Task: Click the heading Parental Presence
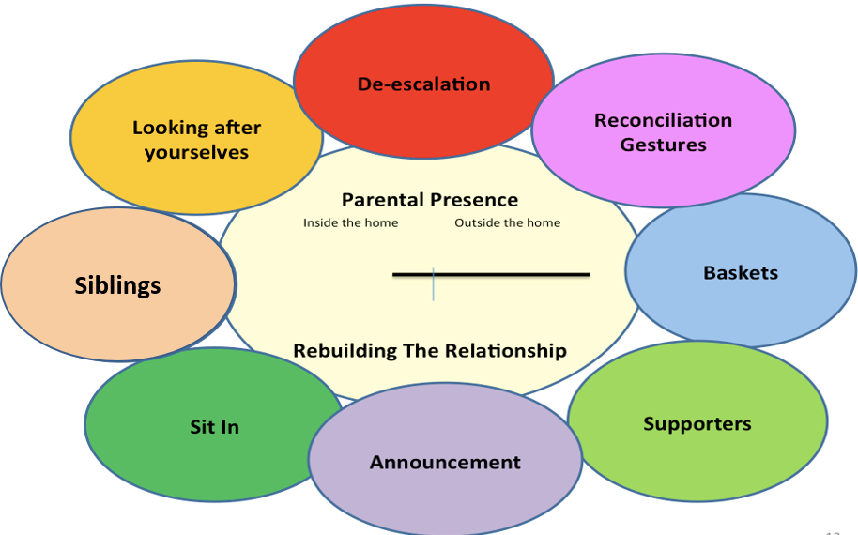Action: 430,199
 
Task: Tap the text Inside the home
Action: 350,222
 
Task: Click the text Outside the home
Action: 507,222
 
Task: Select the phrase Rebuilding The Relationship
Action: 430,350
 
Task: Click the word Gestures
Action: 663,145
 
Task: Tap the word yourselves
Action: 196,152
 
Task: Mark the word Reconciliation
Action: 663,120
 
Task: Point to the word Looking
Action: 168,128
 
